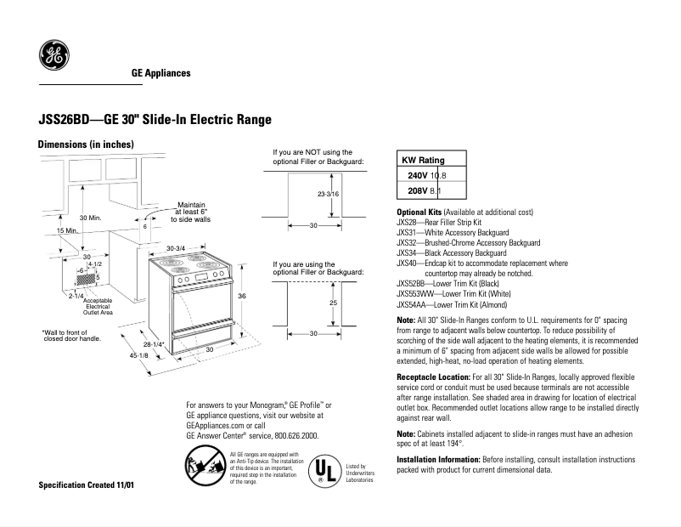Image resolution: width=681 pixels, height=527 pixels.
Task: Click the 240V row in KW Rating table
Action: click(x=433, y=175)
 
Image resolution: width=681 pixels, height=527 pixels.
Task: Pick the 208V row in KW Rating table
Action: click(x=433, y=191)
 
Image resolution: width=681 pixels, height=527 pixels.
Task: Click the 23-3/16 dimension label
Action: click(x=329, y=195)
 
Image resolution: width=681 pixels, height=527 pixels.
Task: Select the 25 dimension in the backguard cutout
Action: click(x=334, y=303)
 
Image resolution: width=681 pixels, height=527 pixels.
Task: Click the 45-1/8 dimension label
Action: click(x=140, y=355)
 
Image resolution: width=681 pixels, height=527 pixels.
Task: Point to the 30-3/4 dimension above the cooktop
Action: click(x=176, y=247)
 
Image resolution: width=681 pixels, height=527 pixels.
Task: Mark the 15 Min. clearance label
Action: click(x=43, y=231)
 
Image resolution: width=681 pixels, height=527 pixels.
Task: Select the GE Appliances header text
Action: click(x=160, y=73)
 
